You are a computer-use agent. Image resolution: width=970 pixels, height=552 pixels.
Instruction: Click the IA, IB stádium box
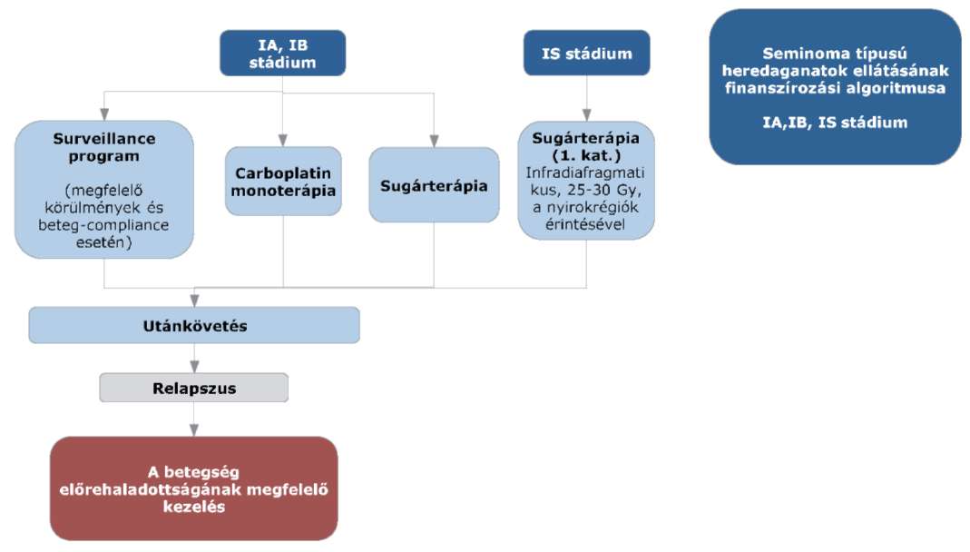283,54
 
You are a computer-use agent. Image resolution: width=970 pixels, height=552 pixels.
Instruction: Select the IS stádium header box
586,54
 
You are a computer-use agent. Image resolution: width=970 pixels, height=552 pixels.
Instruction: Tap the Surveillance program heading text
104,147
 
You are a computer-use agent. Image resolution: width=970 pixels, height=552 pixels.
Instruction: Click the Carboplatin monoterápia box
283,182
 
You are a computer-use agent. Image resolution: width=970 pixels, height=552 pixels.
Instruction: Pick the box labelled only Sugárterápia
434,185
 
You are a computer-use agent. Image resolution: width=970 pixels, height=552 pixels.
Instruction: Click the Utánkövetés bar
194,326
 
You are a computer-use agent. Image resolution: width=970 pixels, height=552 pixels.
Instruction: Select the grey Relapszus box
193,388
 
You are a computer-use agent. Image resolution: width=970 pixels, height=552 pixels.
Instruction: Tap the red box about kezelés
193,488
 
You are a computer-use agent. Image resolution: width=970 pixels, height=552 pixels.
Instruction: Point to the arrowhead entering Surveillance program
104,114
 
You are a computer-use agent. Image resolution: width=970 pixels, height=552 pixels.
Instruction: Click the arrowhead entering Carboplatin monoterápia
283,141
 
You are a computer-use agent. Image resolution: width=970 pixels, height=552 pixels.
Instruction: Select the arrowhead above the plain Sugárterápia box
434,141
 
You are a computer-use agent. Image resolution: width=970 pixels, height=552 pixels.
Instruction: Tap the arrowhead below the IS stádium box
586,115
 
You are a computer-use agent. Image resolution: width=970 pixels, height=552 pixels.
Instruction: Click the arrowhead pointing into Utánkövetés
194,301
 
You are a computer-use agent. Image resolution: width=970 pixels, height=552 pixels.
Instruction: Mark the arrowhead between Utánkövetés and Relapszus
194,367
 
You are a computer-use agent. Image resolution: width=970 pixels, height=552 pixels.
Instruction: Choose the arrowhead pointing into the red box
194,430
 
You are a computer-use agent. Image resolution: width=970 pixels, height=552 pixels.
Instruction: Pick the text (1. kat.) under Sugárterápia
586,155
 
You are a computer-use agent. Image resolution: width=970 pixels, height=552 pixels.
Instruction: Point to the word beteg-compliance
103,224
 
